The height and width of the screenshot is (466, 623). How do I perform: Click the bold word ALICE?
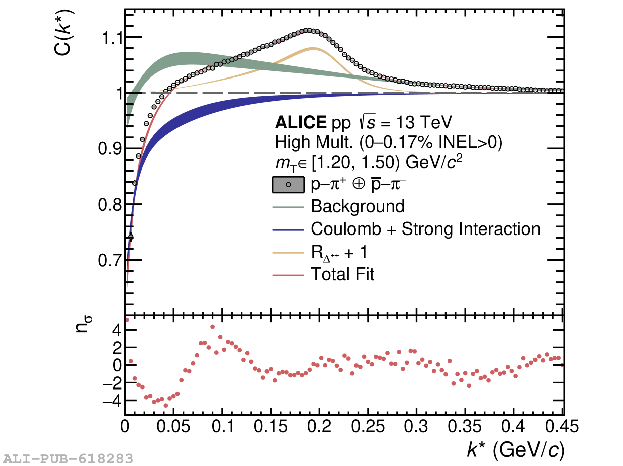point(300,122)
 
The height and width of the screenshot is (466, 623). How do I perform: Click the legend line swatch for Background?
point(288,206)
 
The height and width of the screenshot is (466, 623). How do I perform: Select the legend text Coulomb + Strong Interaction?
point(425,229)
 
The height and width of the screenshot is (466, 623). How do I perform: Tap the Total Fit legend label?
point(343,275)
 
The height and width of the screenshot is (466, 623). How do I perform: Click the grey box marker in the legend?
point(288,185)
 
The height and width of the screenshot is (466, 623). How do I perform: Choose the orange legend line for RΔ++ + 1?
point(288,252)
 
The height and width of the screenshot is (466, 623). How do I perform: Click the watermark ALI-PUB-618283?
point(68,458)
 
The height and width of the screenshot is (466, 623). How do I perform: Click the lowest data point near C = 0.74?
point(131,237)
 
